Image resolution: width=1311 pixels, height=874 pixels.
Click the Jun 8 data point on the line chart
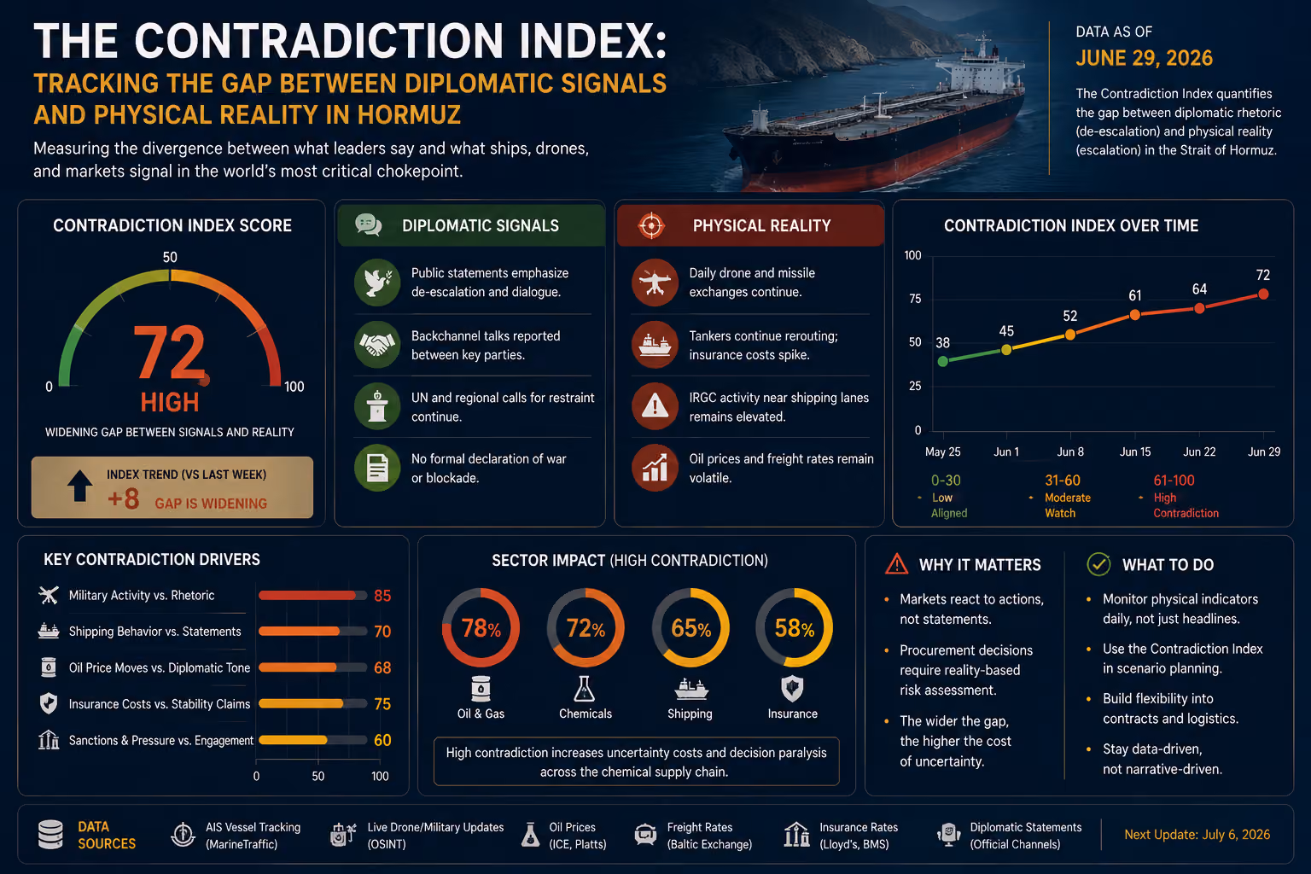pos(1069,335)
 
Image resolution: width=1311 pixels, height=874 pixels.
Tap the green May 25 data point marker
pos(943,361)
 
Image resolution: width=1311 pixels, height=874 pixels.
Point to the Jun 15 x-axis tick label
pos(1135,452)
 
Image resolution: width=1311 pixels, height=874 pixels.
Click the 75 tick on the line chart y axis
pos(915,299)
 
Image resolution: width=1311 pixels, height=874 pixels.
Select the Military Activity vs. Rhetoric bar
pos(307,596)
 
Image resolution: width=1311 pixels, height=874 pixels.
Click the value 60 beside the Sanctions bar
pos(382,740)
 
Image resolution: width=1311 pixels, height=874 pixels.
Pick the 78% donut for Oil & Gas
pos(481,627)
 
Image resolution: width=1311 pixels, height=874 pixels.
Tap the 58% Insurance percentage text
pos(795,628)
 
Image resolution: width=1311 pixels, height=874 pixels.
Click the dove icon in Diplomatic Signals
pos(377,283)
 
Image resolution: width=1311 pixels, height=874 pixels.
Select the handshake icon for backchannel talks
pos(377,344)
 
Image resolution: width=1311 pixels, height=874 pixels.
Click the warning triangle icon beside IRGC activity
pos(655,406)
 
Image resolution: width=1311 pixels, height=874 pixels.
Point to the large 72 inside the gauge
pos(169,353)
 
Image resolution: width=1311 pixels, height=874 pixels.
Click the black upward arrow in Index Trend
pos(79,486)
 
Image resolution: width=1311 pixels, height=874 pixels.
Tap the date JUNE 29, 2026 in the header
pos(1144,58)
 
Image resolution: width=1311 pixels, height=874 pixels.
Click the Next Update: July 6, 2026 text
pos(1197,834)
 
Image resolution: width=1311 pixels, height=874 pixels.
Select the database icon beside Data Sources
pos(50,834)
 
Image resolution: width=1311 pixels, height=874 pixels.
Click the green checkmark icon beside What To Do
pos(1098,564)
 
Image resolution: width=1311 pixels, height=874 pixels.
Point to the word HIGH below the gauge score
pos(170,403)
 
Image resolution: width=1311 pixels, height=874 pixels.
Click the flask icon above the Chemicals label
pos(584,689)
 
